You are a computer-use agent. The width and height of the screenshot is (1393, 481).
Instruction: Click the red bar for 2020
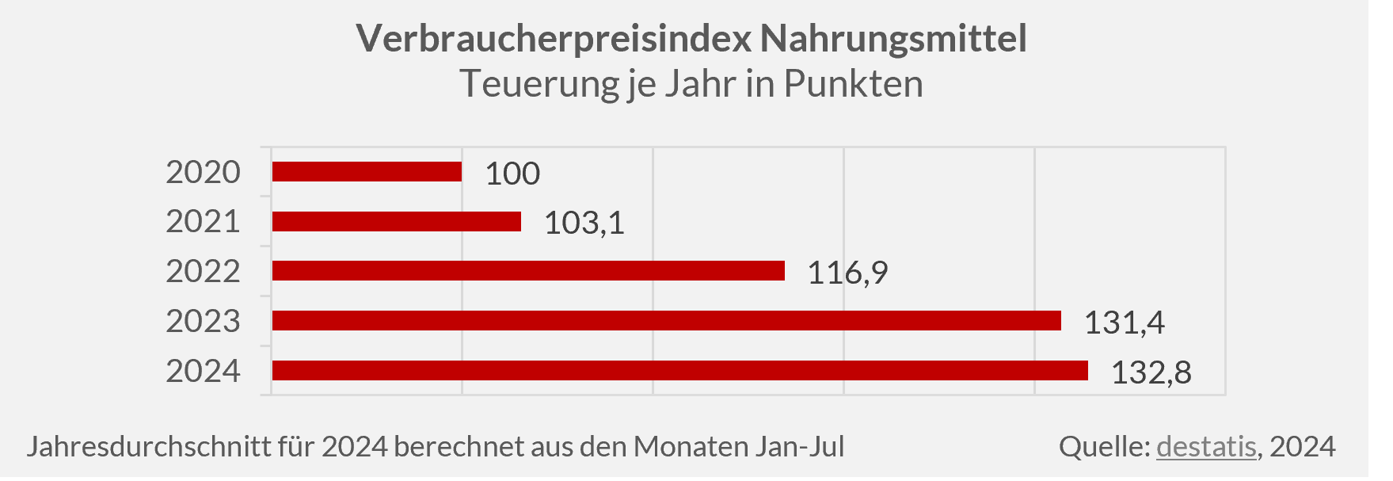(x=367, y=172)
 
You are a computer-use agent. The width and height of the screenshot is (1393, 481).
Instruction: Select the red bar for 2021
(x=396, y=222)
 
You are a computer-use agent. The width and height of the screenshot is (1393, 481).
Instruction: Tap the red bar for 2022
(x=528, y=271)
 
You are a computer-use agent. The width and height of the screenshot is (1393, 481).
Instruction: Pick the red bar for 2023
(x=666, y=321)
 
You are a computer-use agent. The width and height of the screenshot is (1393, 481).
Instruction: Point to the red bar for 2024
(x=679, y=371)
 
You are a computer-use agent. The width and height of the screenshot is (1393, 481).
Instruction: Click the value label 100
(x=512, y=174)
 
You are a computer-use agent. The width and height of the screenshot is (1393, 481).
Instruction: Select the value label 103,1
(x=584, y=223)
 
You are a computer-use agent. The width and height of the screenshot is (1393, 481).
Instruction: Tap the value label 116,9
(x=847, y=273)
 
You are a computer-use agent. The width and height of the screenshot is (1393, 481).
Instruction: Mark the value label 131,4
(x=1124, y=323)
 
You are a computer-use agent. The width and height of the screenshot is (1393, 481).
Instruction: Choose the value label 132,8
(x=1151, y=372)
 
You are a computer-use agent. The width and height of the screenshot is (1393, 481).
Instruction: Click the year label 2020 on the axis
(x=203, y=172)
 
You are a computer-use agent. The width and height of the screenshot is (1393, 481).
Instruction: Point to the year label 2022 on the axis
(x=203, y=271)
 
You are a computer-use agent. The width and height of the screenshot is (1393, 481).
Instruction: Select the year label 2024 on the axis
(x=203, y=371)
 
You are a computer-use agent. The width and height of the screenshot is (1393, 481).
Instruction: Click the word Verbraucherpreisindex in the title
(x=553, y=38)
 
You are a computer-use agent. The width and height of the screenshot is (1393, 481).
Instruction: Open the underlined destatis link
(x=1206, y=446)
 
